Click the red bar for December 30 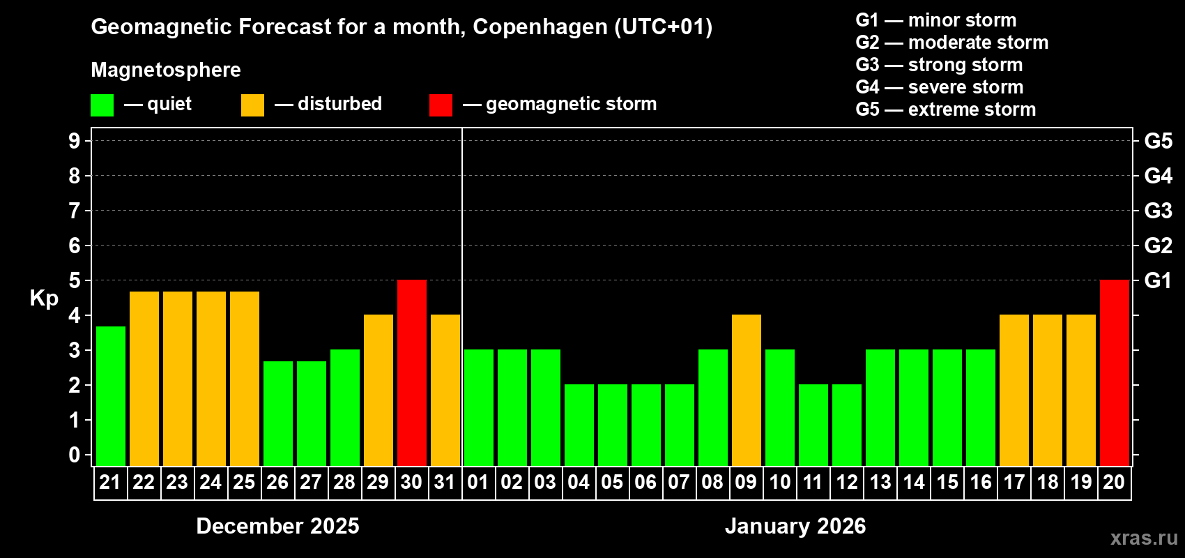[411, 372]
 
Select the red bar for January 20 [1114, 372]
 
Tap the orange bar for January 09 [746, 390]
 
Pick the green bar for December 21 [110, 395]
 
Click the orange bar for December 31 [445, 390]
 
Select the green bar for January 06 [645, 425]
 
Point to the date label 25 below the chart [244, 483]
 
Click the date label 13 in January [880, 483]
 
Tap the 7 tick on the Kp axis [75, 211]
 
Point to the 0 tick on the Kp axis [75, 455]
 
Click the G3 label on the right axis [1158, 211]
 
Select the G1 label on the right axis [1158, 280]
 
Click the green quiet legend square [102, 105]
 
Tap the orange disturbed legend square [252, 105]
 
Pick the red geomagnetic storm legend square [441, 105]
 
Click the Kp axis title [44, 299]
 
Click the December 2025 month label [277, 526]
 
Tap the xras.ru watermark [1143, 538]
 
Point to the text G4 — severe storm [939, 87]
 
